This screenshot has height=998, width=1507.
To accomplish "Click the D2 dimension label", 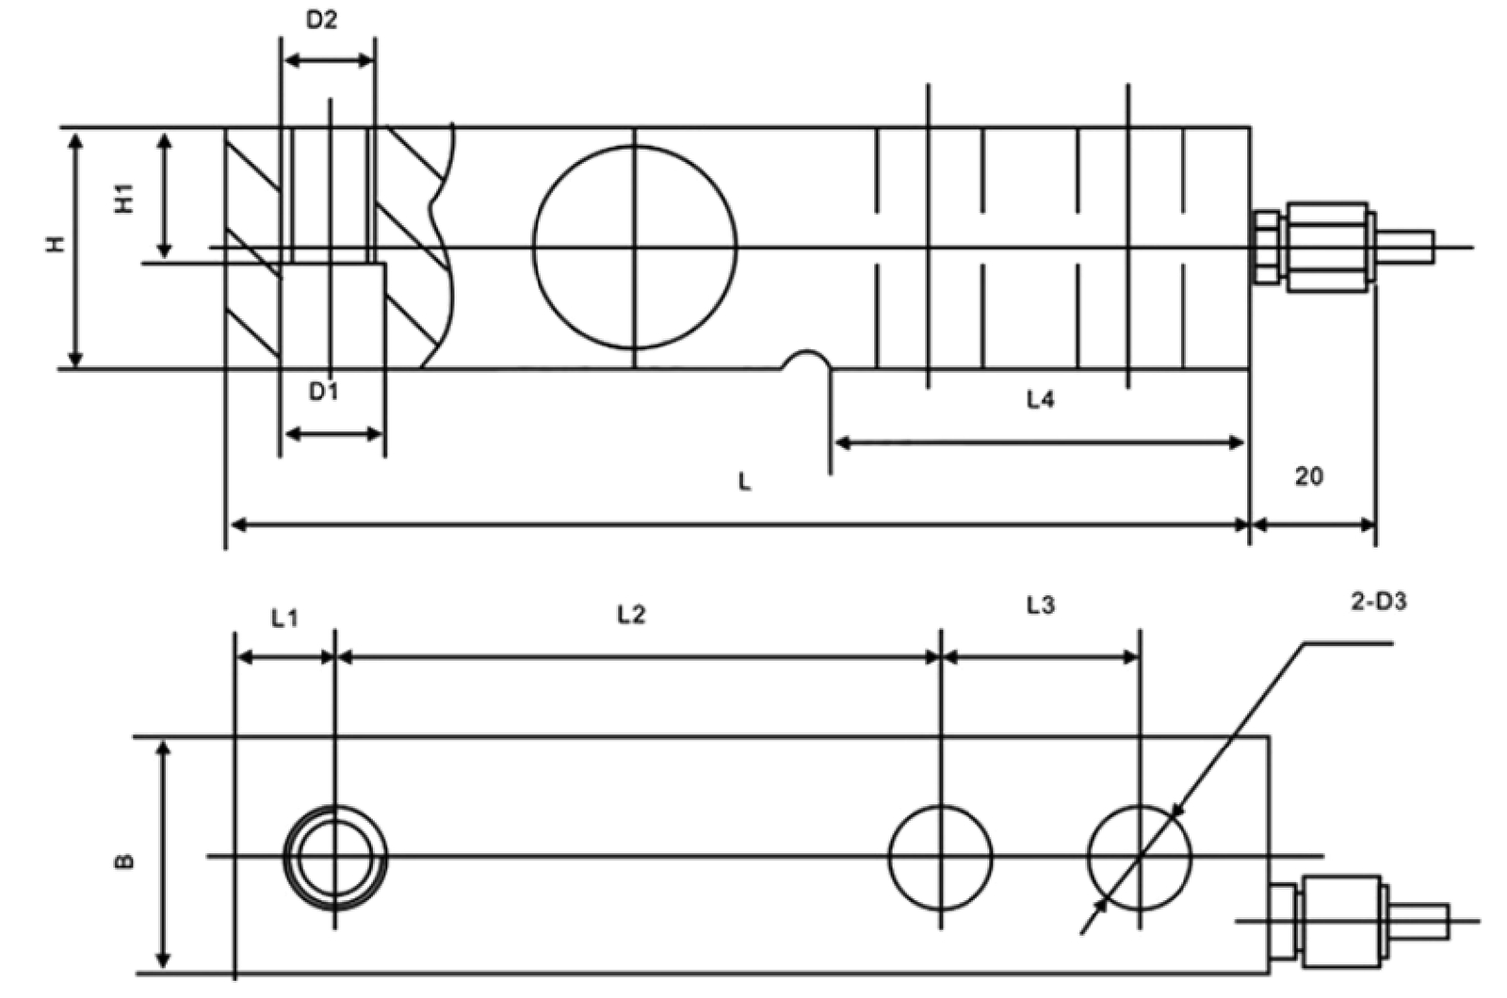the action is tap(321, 20).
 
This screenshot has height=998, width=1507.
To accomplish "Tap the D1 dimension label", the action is tap(324, 391).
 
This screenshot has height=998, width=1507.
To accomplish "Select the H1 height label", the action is tap(124, 199).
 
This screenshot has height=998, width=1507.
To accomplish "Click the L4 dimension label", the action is tap(1040, 400).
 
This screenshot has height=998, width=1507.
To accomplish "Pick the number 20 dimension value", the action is tap(1308, 476).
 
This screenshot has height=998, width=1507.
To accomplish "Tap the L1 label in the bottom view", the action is tap(284, 618).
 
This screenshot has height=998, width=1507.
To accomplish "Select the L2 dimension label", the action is tap(631, 614).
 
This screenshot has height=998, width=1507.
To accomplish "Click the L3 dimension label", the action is tap(1041, 605).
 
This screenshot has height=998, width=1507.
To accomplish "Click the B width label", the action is tap(126, 861).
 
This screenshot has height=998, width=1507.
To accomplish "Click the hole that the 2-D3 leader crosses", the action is tap(1088, 858).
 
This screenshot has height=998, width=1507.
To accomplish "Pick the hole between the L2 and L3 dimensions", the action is tap(889, 858).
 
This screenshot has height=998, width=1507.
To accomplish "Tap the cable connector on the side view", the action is tap(1342, 247).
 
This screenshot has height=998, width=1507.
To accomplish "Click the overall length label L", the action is tap(745, 481).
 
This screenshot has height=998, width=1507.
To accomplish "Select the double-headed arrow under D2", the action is tap(329, 60).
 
